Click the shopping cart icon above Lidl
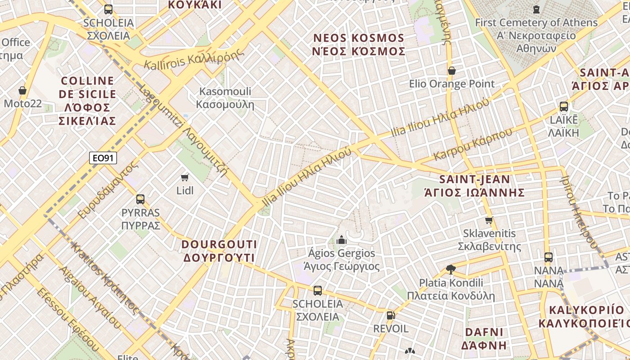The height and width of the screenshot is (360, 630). point(184,177)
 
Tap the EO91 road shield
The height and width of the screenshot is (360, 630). point(103,158)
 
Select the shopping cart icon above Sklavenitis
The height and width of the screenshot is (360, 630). point(489,220)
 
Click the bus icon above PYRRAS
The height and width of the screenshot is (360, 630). point(140,199)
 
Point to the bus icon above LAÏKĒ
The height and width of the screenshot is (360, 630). point(563,107)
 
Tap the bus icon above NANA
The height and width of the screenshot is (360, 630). point(548,257)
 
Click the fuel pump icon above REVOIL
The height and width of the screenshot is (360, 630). point(391,315)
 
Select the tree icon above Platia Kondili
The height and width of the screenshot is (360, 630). point(450,269)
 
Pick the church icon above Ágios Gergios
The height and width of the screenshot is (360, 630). point(342,239)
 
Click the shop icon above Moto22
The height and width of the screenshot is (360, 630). point(22,90)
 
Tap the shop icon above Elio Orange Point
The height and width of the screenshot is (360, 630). point(452,71)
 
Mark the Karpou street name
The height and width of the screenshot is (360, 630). point(472,144)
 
